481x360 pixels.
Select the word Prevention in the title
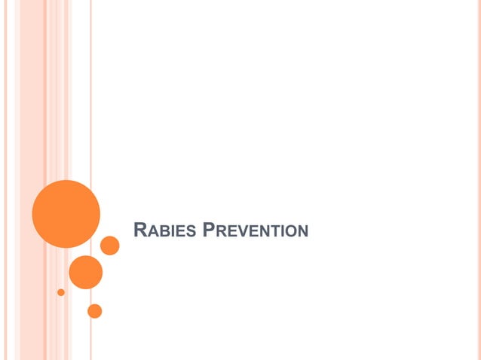(256, 230)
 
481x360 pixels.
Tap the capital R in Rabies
(139, 229)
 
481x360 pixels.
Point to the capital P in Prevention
(209, 229)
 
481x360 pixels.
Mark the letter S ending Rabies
(192, 230)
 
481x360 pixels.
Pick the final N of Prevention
(302, 230)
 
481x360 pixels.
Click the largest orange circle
(66, 213)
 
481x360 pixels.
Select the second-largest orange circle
(85, 272)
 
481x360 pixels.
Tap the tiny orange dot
(61, 292)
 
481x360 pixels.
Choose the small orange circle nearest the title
(110, 246)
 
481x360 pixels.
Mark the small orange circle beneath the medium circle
(94, 310)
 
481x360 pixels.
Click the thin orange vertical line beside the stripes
(91, 113)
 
